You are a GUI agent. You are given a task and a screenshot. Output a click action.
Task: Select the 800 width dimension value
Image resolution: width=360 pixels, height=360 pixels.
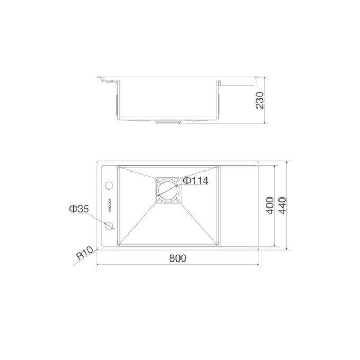(178, 258)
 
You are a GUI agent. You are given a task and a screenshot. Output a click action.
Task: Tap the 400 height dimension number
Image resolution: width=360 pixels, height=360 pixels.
(268, 205)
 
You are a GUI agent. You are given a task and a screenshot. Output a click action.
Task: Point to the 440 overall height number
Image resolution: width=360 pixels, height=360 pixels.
(282, 205)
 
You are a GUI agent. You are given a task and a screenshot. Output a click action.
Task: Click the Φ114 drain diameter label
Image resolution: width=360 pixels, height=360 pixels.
(194, 181)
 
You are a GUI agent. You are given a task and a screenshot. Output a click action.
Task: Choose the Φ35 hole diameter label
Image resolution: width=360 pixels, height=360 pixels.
(78, 209)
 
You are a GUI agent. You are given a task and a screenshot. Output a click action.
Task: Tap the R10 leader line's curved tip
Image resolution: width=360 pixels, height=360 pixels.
(98, 248)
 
